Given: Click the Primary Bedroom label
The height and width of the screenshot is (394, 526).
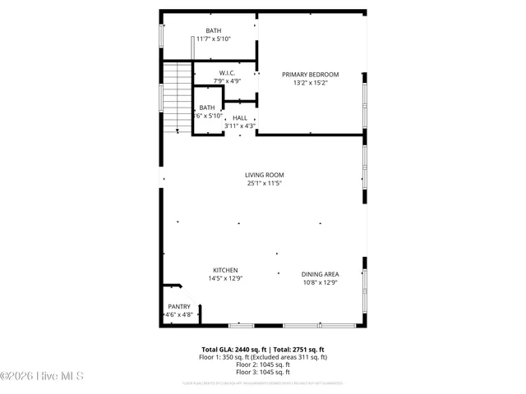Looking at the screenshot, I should click(311, 75).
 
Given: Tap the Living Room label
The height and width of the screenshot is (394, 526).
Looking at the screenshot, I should click(264, 175).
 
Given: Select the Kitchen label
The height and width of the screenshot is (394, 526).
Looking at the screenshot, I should click(225, 270).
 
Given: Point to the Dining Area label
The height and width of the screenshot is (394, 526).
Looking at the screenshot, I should click(320, 274).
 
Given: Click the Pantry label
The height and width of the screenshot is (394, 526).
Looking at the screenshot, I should click(179, 306).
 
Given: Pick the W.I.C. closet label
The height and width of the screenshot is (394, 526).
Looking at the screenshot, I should click(228, 73).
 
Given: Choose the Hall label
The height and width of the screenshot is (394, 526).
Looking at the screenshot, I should click(239, 118).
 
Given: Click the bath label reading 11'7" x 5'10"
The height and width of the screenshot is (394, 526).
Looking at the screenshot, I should click(213, 39).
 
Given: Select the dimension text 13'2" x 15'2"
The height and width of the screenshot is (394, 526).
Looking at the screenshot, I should click(311, 82).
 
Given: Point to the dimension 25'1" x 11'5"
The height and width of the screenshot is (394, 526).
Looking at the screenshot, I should click(264, 183).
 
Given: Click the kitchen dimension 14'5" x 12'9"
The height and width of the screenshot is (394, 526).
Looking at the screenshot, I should click(225, 278).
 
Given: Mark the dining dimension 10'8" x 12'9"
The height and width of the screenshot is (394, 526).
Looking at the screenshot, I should click(320, 282).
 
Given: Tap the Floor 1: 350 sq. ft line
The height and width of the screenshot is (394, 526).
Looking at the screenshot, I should click(263, 357).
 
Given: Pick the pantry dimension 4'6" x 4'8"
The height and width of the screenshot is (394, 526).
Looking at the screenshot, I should click(179, 314).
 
